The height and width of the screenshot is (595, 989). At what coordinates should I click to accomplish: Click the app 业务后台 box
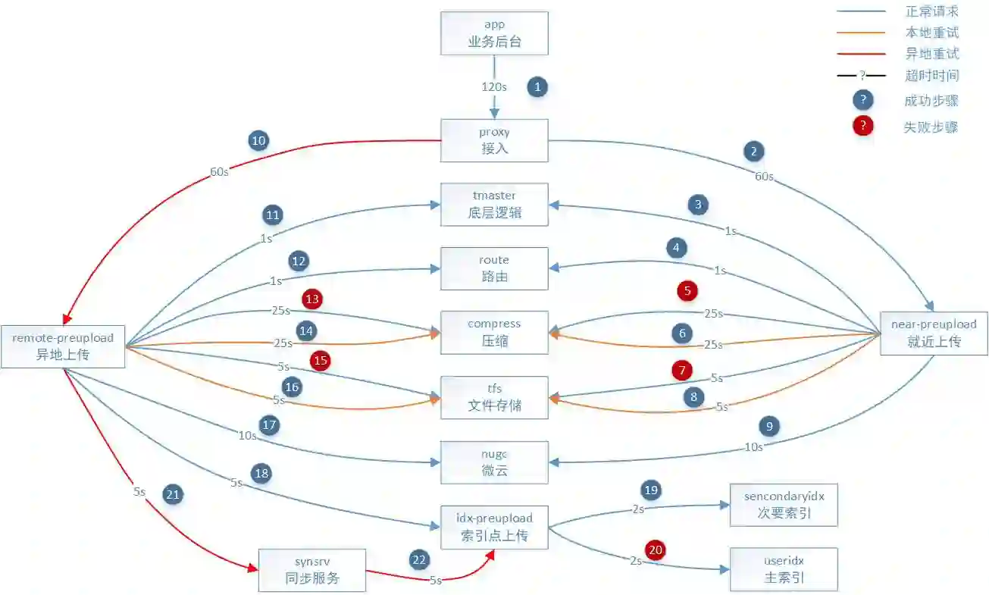pos(494,33)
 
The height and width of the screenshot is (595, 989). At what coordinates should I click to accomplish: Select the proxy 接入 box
pos(494,140)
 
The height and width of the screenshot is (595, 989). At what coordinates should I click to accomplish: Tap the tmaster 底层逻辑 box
pos(494,204)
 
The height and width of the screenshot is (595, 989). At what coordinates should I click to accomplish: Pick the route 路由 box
pos(494,268)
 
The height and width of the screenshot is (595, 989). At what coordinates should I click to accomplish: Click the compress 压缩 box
pos(494,333)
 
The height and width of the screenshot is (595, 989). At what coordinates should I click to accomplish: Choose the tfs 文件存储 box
pos(494,397)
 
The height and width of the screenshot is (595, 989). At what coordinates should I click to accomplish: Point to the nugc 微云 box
pos(494,462)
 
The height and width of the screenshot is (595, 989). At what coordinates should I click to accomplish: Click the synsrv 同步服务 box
pos(312,570)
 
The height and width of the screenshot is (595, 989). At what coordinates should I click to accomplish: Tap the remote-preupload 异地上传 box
pos(63,346)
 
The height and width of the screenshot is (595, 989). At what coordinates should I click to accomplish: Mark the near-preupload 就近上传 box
pos(934,333)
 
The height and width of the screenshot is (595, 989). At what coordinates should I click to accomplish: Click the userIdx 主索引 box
pos(784,569)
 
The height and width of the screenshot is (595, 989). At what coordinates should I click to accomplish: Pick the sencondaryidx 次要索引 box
pos(784,505)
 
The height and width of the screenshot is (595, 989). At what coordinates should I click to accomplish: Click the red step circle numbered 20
pos(655,550)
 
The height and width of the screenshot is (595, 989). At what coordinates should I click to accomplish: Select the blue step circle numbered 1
pos(537,86)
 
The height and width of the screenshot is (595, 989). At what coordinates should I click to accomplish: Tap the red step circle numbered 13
pos(311,299)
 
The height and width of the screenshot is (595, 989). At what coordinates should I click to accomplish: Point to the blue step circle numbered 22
pos(419,560)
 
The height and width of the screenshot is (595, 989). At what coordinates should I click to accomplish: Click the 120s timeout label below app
pos(494,86)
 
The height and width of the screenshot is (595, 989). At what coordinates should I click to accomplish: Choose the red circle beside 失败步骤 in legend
pos(862,127)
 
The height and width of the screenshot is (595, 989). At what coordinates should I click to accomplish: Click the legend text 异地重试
pos(931,54)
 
